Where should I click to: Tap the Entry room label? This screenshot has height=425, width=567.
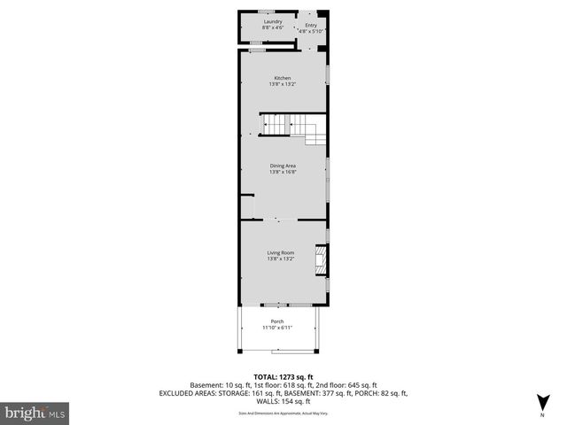pos(311,25)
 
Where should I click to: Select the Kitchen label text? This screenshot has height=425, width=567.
pos(282,78)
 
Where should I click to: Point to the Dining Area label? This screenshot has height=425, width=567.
pos(283,166)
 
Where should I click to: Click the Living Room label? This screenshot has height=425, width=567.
pos(282,253)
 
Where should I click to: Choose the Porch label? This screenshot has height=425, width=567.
pos(276,321)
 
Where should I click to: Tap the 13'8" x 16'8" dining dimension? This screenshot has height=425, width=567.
pos(283,172)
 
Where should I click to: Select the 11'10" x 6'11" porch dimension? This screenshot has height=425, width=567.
pos(276,328)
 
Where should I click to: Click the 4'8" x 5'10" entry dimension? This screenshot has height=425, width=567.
pos(312,31)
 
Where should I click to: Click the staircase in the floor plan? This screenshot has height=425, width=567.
pos(292,128)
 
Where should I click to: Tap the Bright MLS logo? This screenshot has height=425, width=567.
pos(35,413)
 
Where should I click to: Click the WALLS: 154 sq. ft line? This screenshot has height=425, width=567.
pos(283,401)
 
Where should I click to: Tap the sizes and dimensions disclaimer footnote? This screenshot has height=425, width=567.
pos(283,412)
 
